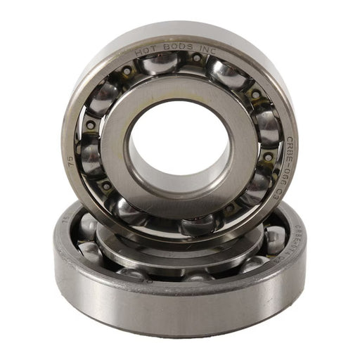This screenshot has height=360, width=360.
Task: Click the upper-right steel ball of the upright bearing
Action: (225, 72)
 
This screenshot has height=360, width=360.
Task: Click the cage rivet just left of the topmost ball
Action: (127, 72)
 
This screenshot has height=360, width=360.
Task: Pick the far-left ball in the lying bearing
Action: (88, 226)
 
